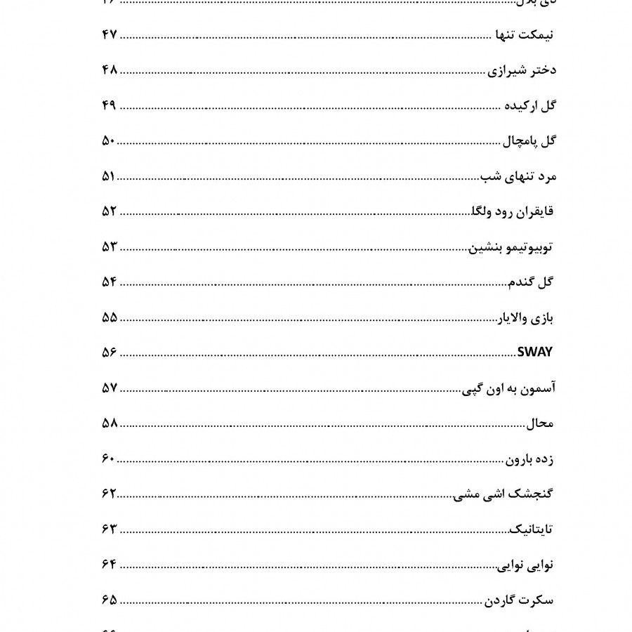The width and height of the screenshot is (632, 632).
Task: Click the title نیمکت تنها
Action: pos(520,36)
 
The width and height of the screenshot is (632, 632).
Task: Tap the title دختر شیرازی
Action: pos(522,71)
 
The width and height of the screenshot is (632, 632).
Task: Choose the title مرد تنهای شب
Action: pos(518,177)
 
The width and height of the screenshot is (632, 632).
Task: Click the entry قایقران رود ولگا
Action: pos(511,212)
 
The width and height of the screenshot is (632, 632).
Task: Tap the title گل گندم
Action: pos(531,282)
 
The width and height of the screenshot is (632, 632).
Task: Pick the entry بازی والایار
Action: pos(526,318)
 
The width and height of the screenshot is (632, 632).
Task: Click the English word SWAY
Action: pos(534,353)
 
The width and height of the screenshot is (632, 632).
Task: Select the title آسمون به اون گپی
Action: pos(507,388)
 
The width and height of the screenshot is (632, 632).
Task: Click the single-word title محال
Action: pos(540,424)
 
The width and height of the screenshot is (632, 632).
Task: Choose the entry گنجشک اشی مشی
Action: pos(503,494)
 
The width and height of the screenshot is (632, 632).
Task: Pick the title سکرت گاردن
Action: pos(519,601)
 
